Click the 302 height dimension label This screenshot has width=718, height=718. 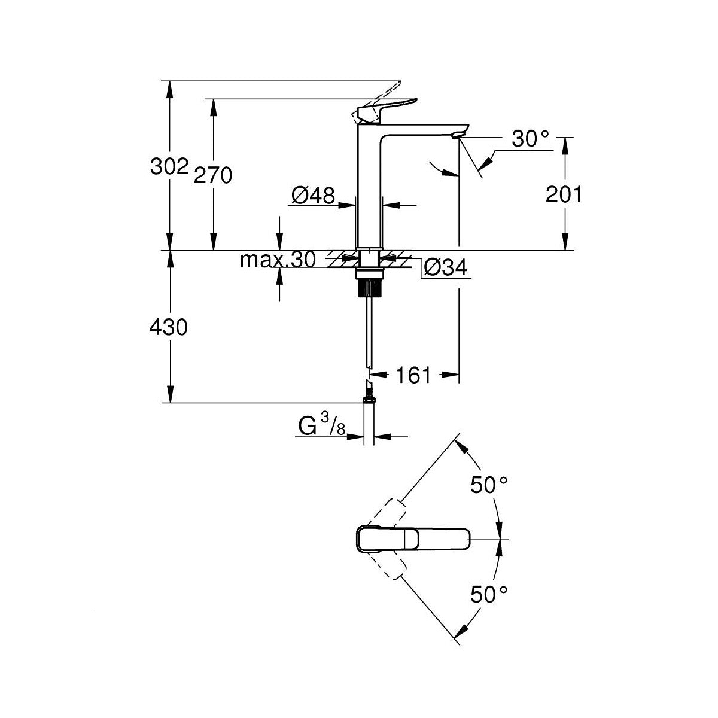(x=169, y=166)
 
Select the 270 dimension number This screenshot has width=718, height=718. (x=213, y=175)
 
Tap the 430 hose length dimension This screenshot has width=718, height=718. (x=168, y=328)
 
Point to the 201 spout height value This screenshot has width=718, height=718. (x=564, y=194)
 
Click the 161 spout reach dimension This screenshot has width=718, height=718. (x=413, y=375)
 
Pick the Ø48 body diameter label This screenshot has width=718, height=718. (x=313, y=195)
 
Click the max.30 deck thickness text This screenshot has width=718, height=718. (x=278, y=260)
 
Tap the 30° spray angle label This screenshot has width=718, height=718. (x=531, y=139)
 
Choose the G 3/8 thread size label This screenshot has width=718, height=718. (x=322, y=426)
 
